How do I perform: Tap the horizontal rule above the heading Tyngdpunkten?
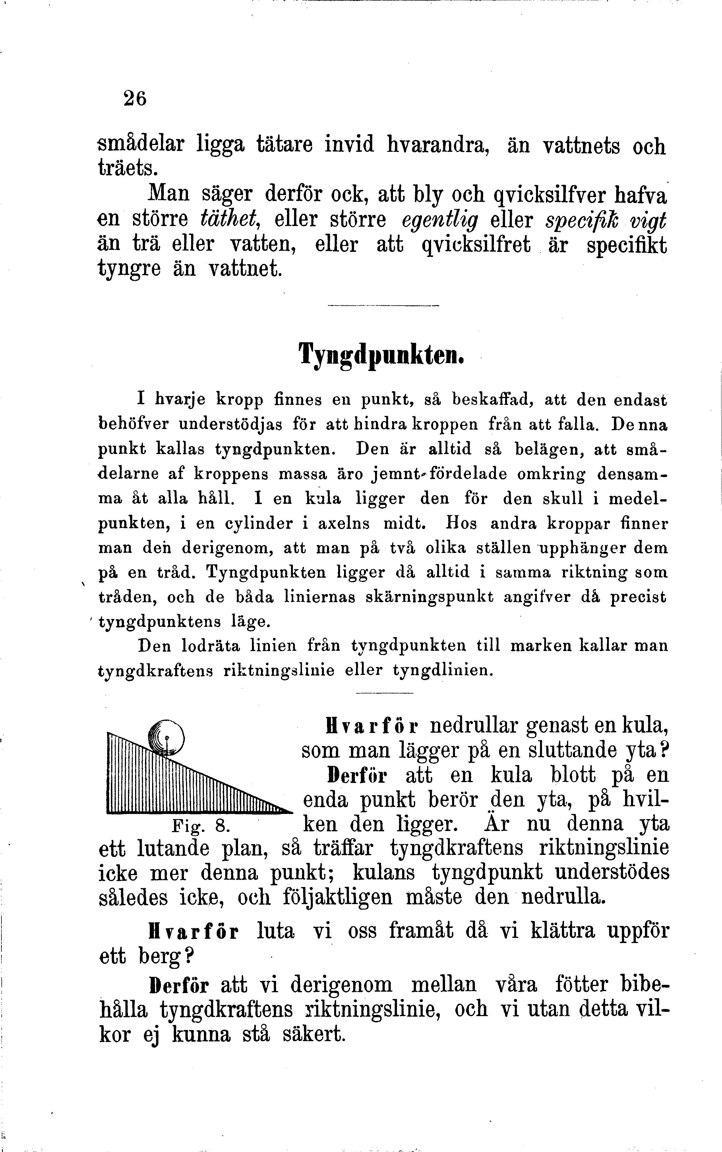click(x=383, y=306)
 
